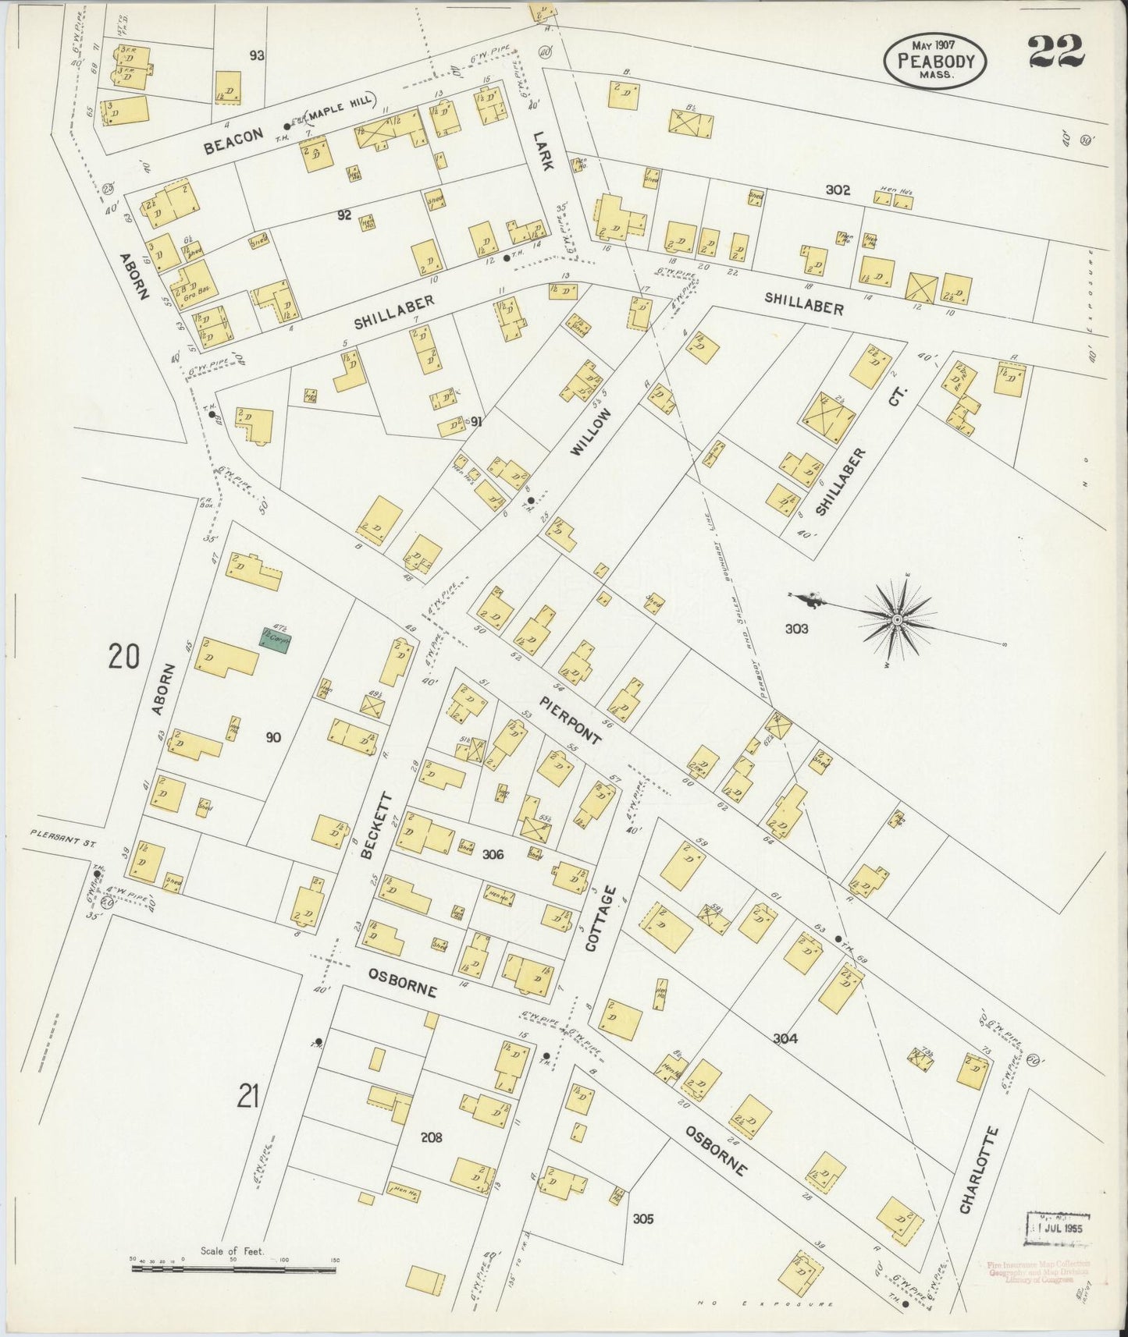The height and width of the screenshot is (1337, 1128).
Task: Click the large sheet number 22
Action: pyautogui.click(x=1055, y=52)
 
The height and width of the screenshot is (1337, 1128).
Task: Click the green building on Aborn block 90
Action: pyautogui.click(x=276, y=638)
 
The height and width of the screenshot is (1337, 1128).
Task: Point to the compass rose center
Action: pyautogui.click(x=898, y=619)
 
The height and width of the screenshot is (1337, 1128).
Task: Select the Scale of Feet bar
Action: pyautogui.click(x=233, y=1269)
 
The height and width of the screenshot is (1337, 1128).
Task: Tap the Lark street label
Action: pyautogui.click(x=541, y=149)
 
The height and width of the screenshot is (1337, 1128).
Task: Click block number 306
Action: pyautogui.click(x=493, y=855)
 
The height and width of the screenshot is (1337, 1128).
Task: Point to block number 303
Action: pyautogui.click(x=796, y=629)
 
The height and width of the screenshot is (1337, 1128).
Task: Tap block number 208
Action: pyautogui.click(x=431, y=1137)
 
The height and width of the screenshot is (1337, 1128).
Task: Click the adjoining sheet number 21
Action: pyautogui.click(x=248, y=1097)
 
